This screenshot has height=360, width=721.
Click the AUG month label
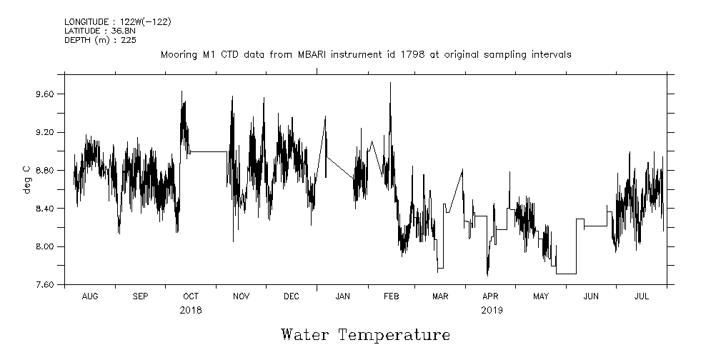(90, 296)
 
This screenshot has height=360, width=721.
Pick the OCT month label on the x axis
(191, 296)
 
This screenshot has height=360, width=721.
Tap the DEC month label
(292, 296)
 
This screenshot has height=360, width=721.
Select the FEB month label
(392, 296)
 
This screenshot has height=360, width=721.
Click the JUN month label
(591, 296)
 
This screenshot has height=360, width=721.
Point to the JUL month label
(641, 296)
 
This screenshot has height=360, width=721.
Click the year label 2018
(191, 310)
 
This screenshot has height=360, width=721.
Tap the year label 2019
(492, 310)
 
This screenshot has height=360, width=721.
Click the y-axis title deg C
(27, 179)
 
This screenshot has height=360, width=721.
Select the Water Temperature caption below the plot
(365, 335)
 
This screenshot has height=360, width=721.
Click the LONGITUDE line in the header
(117, 21)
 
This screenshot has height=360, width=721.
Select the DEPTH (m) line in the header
(100, 40)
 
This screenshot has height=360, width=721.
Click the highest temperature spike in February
(390, 83)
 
